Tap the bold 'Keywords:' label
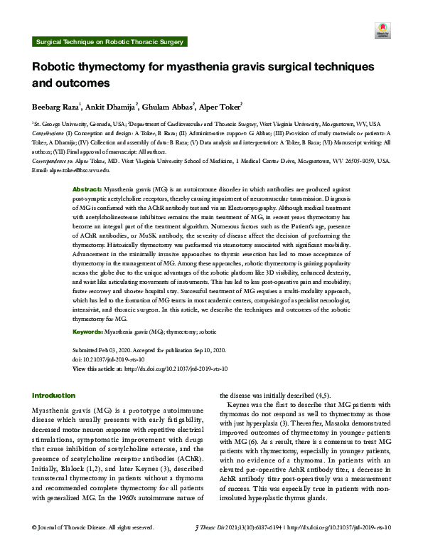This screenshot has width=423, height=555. point(89,332)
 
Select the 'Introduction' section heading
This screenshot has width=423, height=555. point(54,395)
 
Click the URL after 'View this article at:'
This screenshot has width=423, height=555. point(176,369)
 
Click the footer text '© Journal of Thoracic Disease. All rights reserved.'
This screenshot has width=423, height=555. point(92,546)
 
